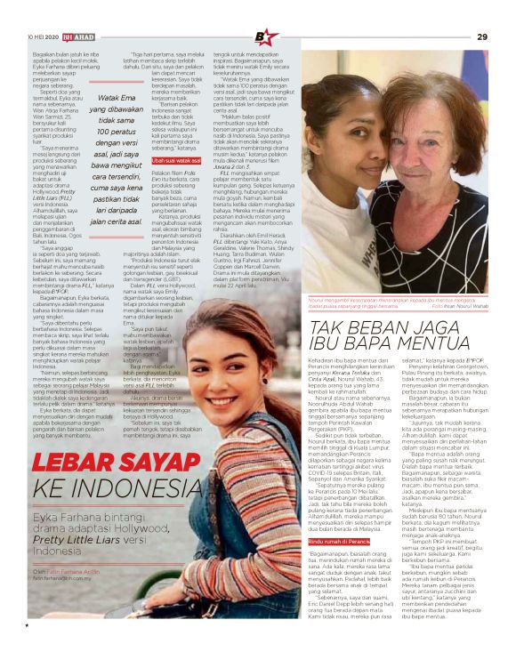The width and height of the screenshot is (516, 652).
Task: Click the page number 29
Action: (482, 36)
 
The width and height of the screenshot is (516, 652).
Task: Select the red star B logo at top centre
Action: (266, 37)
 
